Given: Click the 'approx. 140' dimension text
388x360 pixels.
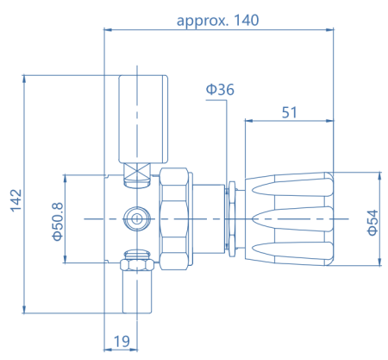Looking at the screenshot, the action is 217,21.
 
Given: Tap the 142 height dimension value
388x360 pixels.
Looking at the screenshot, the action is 16,200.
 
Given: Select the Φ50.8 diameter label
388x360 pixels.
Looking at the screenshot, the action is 57,221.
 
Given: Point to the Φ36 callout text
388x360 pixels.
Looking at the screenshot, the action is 220,90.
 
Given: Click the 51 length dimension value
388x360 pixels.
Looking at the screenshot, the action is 289,112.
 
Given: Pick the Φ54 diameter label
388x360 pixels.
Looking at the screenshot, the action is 372,223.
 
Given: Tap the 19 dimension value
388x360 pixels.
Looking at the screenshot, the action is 122,341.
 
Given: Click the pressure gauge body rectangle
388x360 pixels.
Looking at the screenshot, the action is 143,119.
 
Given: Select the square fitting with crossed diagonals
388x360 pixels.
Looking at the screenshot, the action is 137,171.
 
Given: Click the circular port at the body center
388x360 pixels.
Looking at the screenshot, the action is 137,219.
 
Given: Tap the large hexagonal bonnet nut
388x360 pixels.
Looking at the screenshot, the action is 174,219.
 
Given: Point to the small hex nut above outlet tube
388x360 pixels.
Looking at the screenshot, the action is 137,265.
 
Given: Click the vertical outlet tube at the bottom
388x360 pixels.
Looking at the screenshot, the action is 137,292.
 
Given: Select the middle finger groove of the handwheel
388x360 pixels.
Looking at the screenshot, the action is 292,219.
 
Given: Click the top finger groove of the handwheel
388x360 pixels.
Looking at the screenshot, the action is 292,187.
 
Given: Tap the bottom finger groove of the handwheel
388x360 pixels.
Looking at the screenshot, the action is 292,250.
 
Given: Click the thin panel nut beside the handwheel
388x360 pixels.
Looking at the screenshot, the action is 231,219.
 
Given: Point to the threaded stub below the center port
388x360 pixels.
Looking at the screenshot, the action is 137,255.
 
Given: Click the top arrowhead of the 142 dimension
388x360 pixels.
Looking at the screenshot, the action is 24,79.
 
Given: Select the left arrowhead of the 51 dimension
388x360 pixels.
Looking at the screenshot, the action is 248,121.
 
